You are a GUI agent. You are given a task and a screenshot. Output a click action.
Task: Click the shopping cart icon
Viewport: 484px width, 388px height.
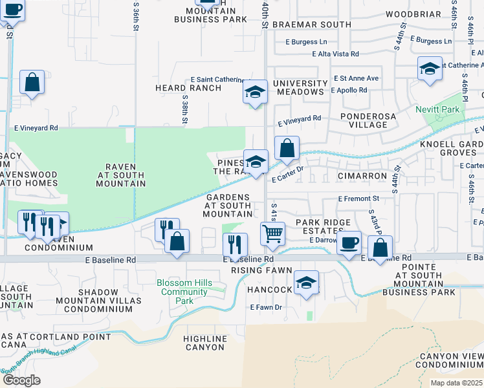tap(272, 232)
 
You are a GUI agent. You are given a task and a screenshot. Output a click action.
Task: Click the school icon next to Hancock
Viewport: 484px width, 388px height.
tap(306, 282)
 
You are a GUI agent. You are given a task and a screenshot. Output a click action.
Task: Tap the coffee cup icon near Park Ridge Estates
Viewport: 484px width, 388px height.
tap(349, 242)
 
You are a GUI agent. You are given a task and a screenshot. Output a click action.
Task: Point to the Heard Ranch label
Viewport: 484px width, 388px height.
tap(179, 87)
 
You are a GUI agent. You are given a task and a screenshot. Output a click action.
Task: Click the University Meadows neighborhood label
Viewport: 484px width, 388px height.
tap(300, 87)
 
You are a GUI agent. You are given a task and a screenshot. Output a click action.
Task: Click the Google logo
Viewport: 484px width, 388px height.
tap(21, 380)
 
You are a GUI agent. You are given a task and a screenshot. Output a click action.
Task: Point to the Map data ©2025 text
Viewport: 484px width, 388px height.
tap(456, 383)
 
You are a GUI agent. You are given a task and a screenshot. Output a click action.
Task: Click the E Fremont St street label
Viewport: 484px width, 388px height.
tap(358, 199)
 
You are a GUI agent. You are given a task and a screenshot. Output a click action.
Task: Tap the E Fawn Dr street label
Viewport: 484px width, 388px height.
tap(266, 307)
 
